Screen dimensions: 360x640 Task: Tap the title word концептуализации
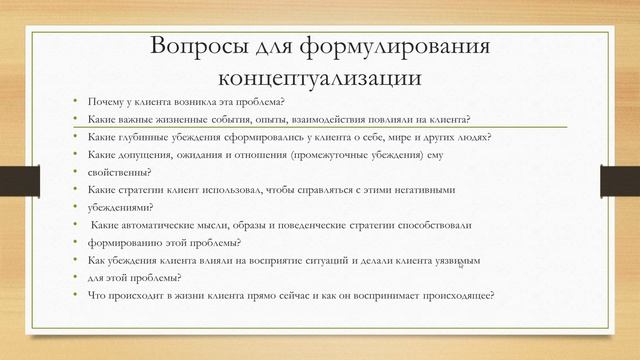tap(320, 77)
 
